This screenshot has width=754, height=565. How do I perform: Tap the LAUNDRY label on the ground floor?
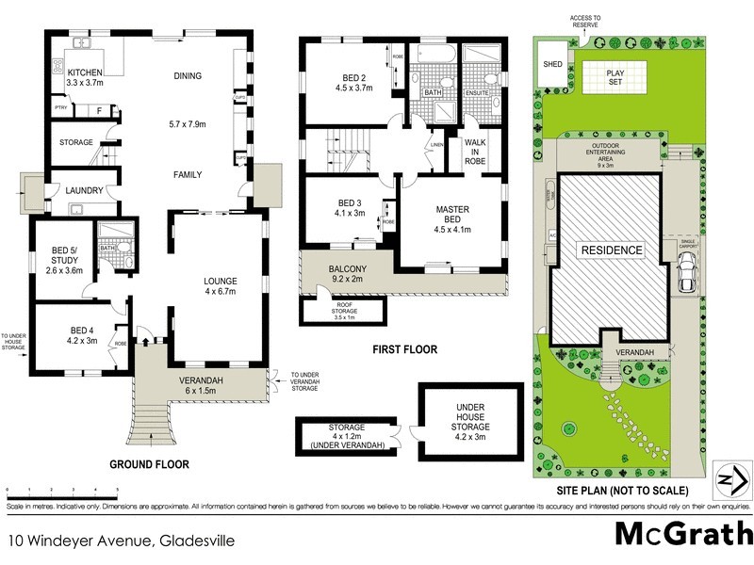point(85,191)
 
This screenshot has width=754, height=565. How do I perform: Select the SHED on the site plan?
point(550,64)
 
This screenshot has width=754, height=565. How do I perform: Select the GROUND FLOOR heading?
point(150,464)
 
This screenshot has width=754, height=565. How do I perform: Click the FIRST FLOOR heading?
point(406,349)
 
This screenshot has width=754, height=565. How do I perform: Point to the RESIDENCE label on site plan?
point(611,250)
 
